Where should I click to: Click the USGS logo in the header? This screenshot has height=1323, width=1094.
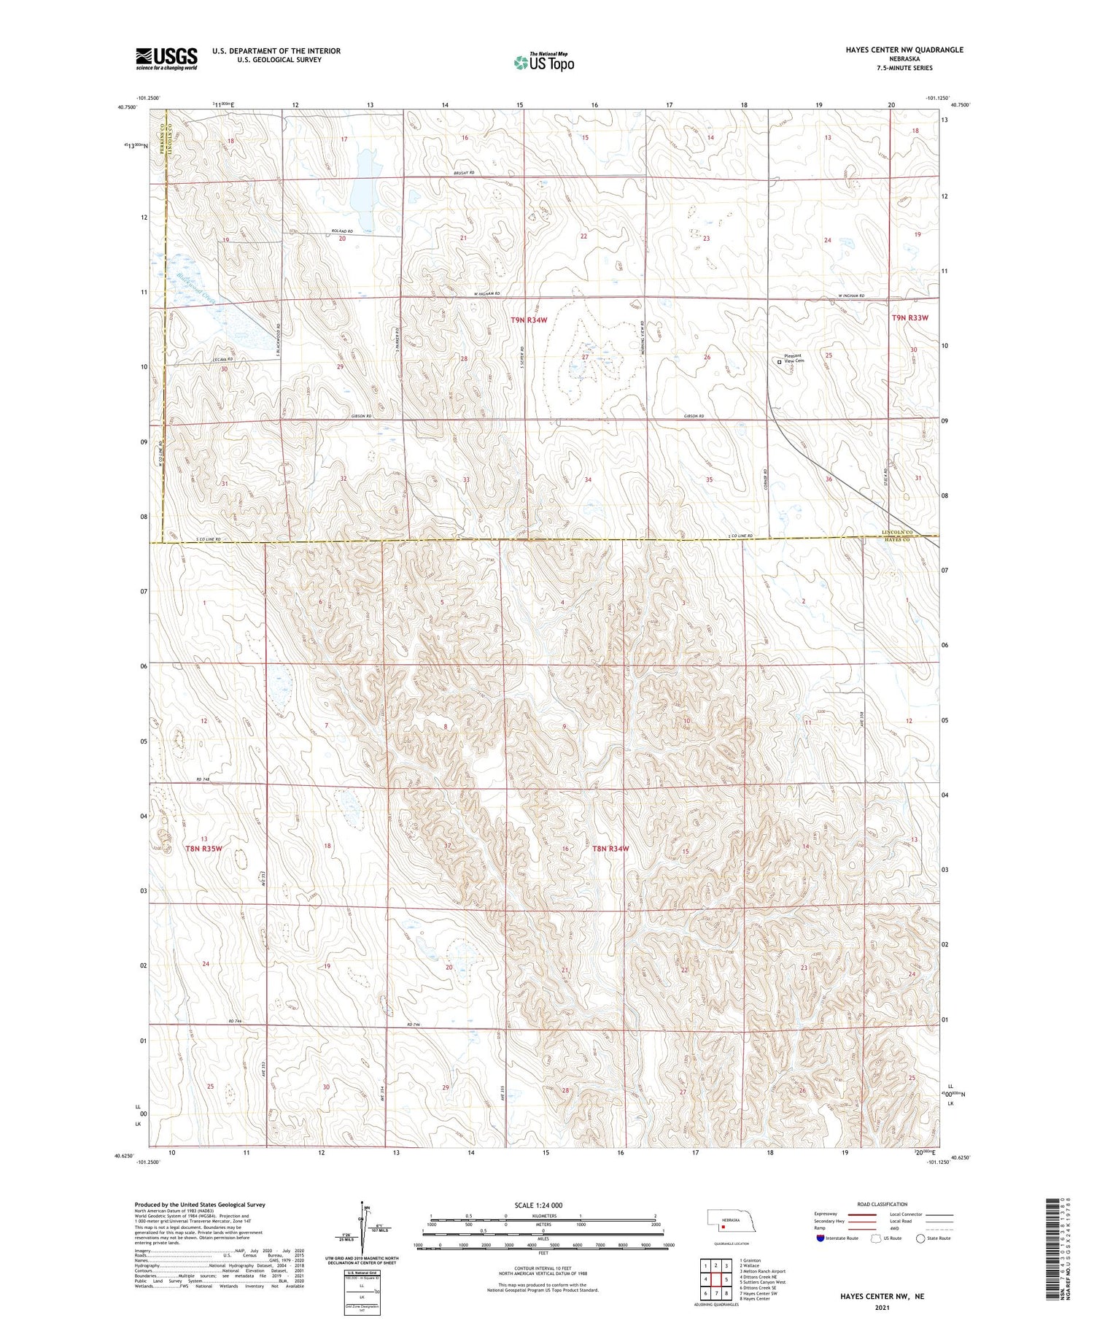tap(166, 58)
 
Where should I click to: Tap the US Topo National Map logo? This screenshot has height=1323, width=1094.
tap(543, 62)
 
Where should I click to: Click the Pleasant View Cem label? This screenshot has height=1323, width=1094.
tap(794, 358)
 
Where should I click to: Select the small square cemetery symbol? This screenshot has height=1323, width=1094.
tap(779, 362)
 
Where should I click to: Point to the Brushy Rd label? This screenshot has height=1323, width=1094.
tap(463, 173)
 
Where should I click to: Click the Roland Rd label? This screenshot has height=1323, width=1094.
tap(341, 231)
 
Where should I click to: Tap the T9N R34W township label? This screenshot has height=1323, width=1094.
tap(528, 320)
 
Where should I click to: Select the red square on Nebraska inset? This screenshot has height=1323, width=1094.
tap(723, 1227)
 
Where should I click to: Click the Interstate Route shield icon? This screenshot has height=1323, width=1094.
tap(820, 1238)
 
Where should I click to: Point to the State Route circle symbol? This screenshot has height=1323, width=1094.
tap(920, 1238)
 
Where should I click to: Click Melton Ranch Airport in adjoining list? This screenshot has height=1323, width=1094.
tap(763, 1271)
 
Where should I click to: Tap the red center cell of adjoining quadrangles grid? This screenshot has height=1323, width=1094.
tap(716, 1279)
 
